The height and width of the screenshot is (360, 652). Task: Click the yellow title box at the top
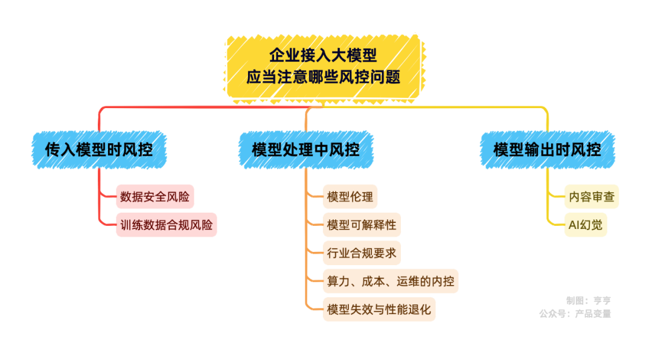tap(324, 66)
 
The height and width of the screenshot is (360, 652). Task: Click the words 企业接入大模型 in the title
tap(324, 56)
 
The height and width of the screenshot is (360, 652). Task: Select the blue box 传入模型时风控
tap(99, 149)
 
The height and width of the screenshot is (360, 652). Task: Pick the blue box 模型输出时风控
tap(547, 149)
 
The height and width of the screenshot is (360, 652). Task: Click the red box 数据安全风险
tap(155, 196)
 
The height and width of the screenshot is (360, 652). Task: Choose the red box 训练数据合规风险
tap(166, 225)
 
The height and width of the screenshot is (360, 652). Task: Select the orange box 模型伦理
tap(350, 196)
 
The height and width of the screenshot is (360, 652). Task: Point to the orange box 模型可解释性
tap(362, 225)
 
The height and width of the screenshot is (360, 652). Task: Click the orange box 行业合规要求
tap(362, 253)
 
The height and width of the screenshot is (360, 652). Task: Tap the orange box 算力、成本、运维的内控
tap(391, 281)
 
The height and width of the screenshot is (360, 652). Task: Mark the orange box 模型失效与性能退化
tap(379, 310)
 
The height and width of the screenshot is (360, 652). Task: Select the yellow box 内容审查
tap(592, 196)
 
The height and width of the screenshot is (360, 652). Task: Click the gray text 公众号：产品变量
tap(575, 313)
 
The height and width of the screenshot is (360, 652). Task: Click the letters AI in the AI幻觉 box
tap(574, 225)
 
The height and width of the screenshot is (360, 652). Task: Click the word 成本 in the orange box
tap(373, 281)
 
